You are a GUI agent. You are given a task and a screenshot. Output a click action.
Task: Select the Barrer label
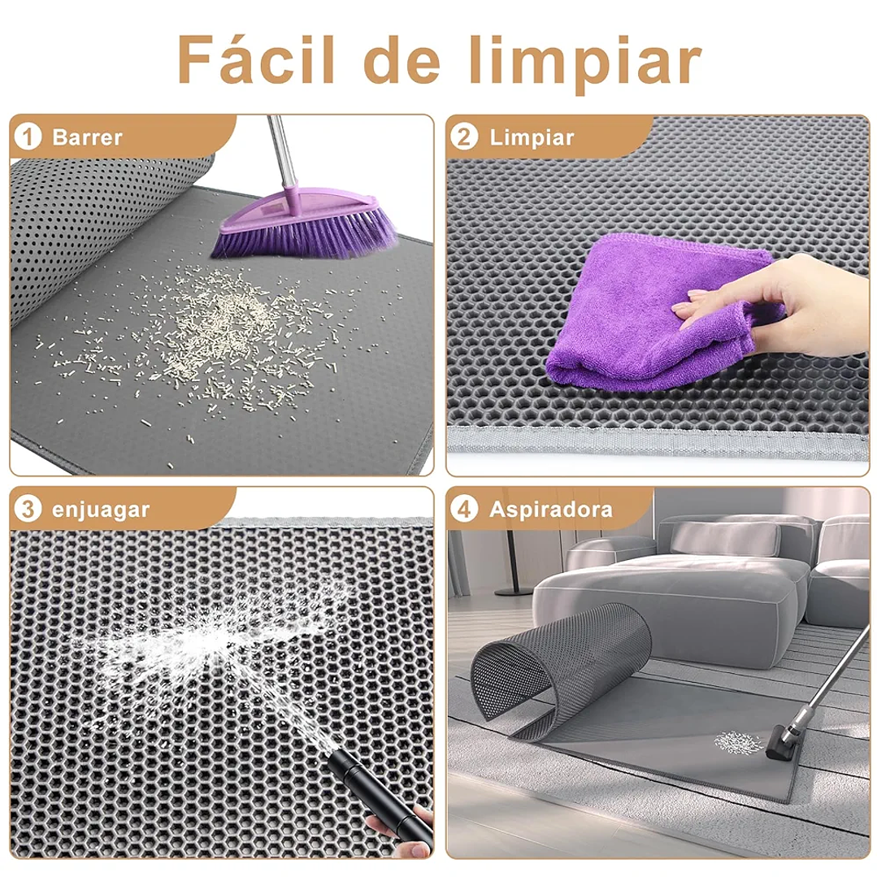click(x=87, y=137)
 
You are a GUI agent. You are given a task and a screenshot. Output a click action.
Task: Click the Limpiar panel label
click(x=532, y=137)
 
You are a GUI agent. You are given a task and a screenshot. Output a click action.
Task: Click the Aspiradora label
click(x=551, y=510)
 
